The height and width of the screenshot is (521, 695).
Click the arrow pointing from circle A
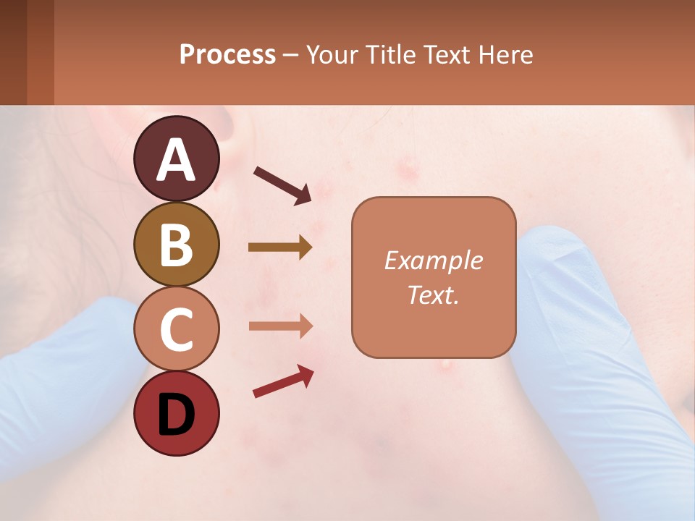click(282, 184)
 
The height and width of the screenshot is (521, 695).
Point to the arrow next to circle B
click(280, 247)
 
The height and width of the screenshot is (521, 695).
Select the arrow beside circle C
click(280, 326)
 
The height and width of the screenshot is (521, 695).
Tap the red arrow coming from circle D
click(283, 381)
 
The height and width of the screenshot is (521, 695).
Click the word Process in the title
click(227, 55)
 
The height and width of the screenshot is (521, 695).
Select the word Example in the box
click(433, 260)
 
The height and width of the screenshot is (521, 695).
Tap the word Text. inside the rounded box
click(433, 295)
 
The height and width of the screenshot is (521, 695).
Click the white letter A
click(177, 160)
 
